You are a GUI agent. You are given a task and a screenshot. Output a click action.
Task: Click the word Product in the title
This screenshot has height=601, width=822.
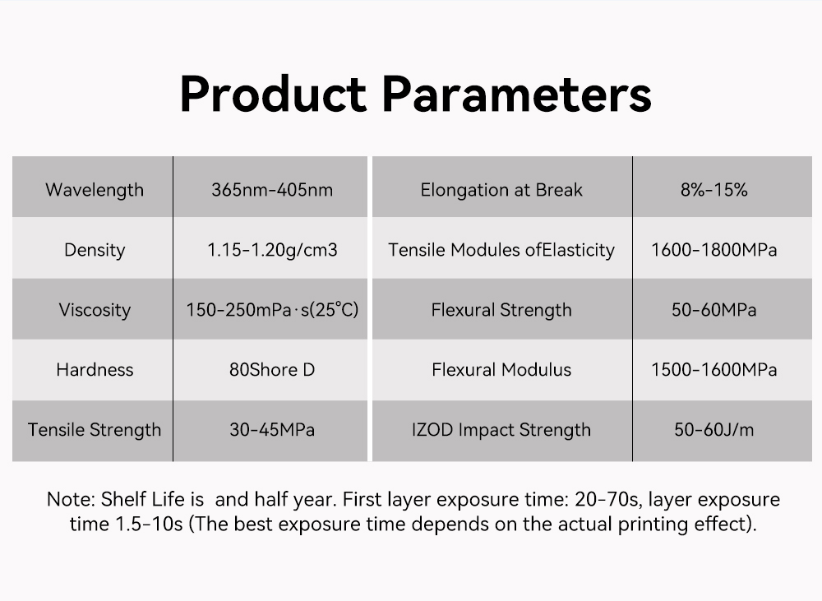(x=273, y=95)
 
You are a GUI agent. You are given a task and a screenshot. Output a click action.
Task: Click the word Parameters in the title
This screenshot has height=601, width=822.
(x=517, y=95)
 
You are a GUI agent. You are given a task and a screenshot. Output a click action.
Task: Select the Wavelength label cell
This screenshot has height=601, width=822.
(x=95, y=190)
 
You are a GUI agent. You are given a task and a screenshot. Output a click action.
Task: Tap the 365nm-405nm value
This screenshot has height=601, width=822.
(x=272, y=189)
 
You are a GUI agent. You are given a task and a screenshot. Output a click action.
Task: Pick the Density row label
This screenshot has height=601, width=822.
(x=95, y=250)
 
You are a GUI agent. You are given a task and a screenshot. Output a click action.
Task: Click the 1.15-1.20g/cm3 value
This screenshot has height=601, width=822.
(x=272, y=250)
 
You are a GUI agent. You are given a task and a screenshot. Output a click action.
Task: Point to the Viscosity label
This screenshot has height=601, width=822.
(x=95, y=310)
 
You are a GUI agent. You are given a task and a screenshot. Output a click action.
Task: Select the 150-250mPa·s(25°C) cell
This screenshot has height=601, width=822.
(x=272, y=310)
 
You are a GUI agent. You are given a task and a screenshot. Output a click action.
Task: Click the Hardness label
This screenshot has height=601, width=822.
(x=95, y=370)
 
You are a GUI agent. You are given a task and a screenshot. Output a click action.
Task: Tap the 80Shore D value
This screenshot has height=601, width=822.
(x=272, y=370)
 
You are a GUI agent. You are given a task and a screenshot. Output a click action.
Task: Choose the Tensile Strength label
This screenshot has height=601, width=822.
(x=95, y=430)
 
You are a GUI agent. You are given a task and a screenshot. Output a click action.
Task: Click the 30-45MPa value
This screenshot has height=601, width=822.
(x=272, y=430)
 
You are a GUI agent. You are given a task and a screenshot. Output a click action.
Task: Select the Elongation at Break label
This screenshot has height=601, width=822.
(x=501, y=190)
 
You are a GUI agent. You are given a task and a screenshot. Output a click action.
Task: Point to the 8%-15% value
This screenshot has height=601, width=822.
(x=714, y=189)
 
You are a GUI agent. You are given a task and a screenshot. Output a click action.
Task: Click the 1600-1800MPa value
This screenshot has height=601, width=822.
(x=714, y=250)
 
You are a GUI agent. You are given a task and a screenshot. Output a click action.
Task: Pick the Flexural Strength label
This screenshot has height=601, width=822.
(x=501, y=310)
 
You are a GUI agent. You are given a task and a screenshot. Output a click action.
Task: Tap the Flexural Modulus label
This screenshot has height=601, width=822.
(x=501, y=370)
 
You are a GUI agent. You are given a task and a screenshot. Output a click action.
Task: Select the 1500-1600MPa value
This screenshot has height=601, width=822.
(x=714, y=370)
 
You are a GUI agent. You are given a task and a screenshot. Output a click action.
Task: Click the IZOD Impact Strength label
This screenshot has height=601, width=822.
(x=501, y=430)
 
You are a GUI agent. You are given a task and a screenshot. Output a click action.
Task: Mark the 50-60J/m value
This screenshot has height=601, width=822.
(x=714, y=430)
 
